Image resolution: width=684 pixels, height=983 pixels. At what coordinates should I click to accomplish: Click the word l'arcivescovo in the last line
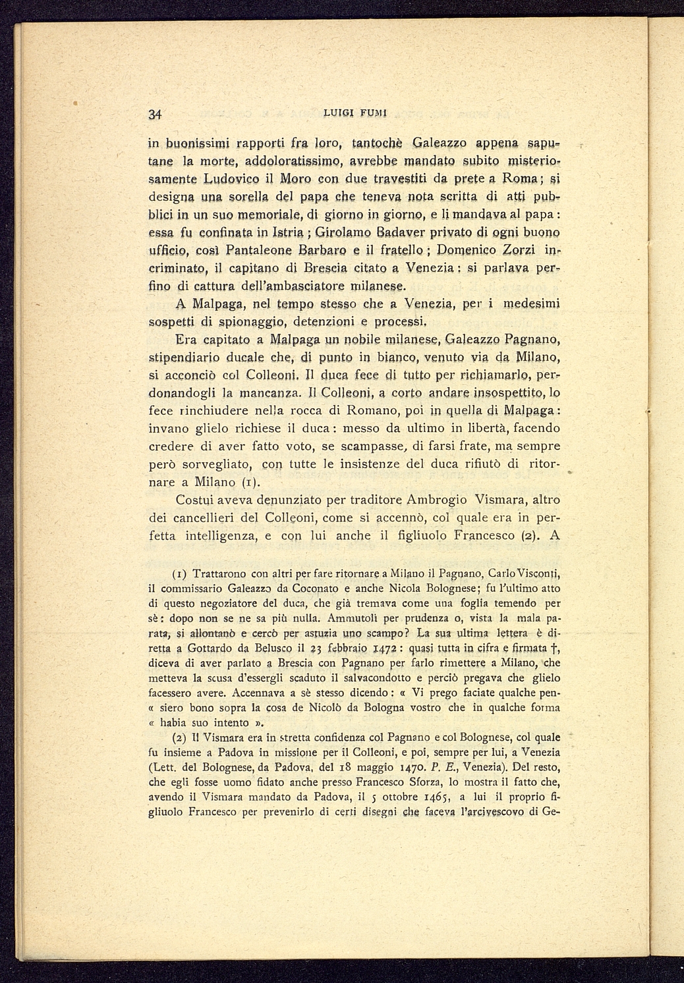[490, 811]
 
